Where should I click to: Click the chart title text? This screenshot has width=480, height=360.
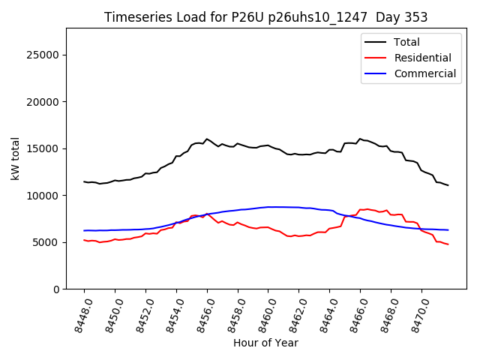coord(266,17)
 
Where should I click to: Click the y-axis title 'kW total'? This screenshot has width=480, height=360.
coord(15,158)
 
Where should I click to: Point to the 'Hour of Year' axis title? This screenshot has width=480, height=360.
coord(265,343)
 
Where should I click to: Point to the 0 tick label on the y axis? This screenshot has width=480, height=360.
coord(57,289)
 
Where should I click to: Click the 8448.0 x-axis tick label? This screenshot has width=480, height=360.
coord(79,313)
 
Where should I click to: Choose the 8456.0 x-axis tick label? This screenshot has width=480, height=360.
coord(202,313)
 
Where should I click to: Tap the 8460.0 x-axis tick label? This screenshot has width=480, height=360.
coord(263,313)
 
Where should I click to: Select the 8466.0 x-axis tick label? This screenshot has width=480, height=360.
coord(355,313)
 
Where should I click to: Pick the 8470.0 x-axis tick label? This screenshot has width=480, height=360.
coord(416,313)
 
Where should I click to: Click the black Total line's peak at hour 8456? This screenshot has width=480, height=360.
coord(207,139)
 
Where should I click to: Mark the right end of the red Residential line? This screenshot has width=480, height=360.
coord(448,244)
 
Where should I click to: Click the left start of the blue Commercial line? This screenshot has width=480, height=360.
coord(84,230)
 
